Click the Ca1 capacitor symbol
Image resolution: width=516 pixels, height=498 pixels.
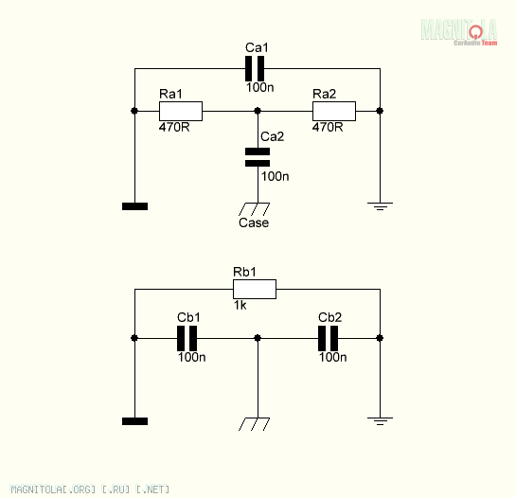pyautogui.click(x=255, y=68)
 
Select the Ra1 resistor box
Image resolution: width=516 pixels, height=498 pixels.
pyautogui.click(x=181, y=112)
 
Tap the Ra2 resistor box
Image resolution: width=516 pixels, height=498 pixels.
pyautogui.click(x=334, y=112)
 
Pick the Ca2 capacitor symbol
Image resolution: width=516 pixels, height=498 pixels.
pyautogui.click(x=258, y=157)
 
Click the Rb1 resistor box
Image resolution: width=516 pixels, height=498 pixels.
pyautogui.click(x=255, y=290)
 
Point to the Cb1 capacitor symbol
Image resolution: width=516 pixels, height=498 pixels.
pyautogui.click(x=187, y=338)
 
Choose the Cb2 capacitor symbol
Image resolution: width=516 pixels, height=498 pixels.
pyautogui.click(x=329, y=338)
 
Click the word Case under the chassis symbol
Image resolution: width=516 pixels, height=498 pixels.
pyautogui.click(x=254, y=222)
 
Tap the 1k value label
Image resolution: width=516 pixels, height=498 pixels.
pyautogui.click(x=240, y=305)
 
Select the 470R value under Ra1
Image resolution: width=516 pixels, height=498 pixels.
pyautogui.click(x=174, y=127)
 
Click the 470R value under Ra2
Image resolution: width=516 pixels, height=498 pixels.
pyautogui.click(x=328, y=127)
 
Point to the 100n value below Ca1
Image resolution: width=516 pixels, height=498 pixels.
pyautogui.click(x=260, y=87)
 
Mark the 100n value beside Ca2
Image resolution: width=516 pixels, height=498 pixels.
pyautogui.click(x=276, y=176)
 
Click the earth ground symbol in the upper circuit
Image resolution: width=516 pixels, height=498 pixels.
pyautogui.click(x=380, y=206)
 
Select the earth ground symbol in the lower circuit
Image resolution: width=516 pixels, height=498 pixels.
pyautogui.click(x=380, y=421)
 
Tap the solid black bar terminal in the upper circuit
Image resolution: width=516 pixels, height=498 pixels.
pyautogui.click(x=135, y=206)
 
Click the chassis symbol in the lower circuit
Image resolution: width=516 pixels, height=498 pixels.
pyautogui.click(x=254, y=424)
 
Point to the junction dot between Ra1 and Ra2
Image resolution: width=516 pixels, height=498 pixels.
pyautogui.click(x=258, y=111)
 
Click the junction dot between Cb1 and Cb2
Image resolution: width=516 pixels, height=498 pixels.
pyautogui.click(x=258, y=338)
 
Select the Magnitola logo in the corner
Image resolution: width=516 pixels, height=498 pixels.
pyautogui.click(x=459, y=32)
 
